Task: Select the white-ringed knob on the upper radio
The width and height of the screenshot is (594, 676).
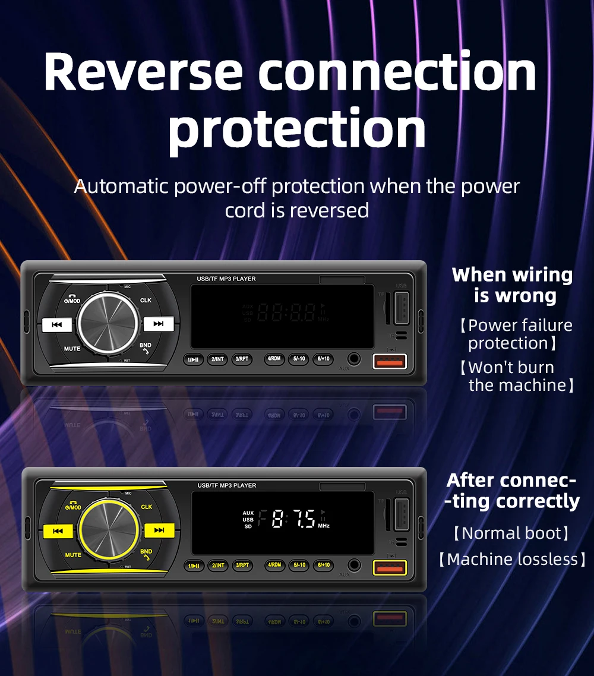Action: point(109,323)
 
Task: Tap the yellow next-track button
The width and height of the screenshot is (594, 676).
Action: point(159,530)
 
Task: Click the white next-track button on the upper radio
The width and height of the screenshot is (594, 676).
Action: point(159,324)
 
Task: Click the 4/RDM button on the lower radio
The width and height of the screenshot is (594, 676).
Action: point(274,565)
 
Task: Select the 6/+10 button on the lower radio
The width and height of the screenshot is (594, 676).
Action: point(323,565)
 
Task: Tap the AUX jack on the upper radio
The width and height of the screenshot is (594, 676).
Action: point(355,359)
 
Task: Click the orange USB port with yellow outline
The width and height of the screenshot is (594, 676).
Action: point(390,568)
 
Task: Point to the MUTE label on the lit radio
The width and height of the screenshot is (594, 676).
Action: point(73,555)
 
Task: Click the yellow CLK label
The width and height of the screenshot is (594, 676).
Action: point(146,507)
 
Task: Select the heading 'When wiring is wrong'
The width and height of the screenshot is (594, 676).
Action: point(512,285)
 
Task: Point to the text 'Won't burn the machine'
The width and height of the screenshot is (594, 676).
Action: point(517,376)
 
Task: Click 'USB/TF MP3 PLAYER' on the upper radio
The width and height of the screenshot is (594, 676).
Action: point(226,279)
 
